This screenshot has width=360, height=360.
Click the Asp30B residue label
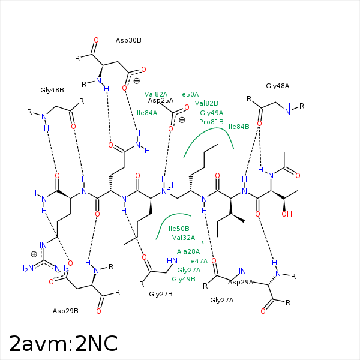(128, 40)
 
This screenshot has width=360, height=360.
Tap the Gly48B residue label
(52, 90)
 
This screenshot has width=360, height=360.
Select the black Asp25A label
(161, 100)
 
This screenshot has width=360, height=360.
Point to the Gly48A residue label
(277, 86)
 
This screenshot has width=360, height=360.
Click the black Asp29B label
(65, 311)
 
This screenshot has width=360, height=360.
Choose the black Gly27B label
(161, 294)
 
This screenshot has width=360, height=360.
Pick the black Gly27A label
(221, 300)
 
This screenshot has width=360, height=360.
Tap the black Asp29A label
(241, 282)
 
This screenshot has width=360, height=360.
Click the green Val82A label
(156, 94)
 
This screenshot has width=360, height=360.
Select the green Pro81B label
(211, 122)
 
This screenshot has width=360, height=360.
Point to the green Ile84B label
(239, 127)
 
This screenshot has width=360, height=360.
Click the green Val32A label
(183, 238)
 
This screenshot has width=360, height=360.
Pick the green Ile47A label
(197, 261)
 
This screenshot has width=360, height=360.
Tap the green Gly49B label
(184, 279)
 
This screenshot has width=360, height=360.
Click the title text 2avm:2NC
(63, 343)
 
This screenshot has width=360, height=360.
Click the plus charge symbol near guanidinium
(34, 254)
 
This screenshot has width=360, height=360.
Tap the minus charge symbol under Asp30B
(137, 81)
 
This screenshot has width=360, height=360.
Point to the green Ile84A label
(147, 113)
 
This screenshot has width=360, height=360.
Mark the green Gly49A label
(211, 113)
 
